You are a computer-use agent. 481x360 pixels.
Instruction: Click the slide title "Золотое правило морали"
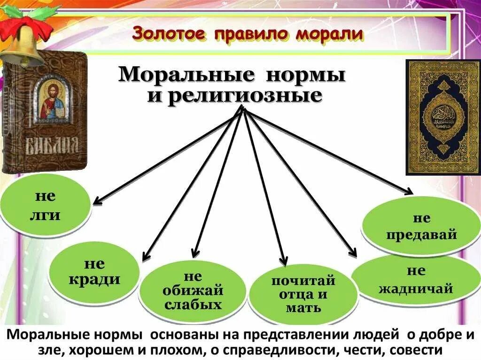pyautogui.click(x=248, y=34)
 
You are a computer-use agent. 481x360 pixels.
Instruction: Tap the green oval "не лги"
pyautogui.click(x=44, y=205)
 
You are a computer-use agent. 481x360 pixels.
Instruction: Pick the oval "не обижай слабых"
pyautogui.click(x=193, y=291)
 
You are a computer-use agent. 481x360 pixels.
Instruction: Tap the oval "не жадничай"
pyautogui.click(x=415, y=280)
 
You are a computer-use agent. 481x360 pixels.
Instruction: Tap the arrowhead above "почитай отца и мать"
pyautogui.click(x=283, y=260)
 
